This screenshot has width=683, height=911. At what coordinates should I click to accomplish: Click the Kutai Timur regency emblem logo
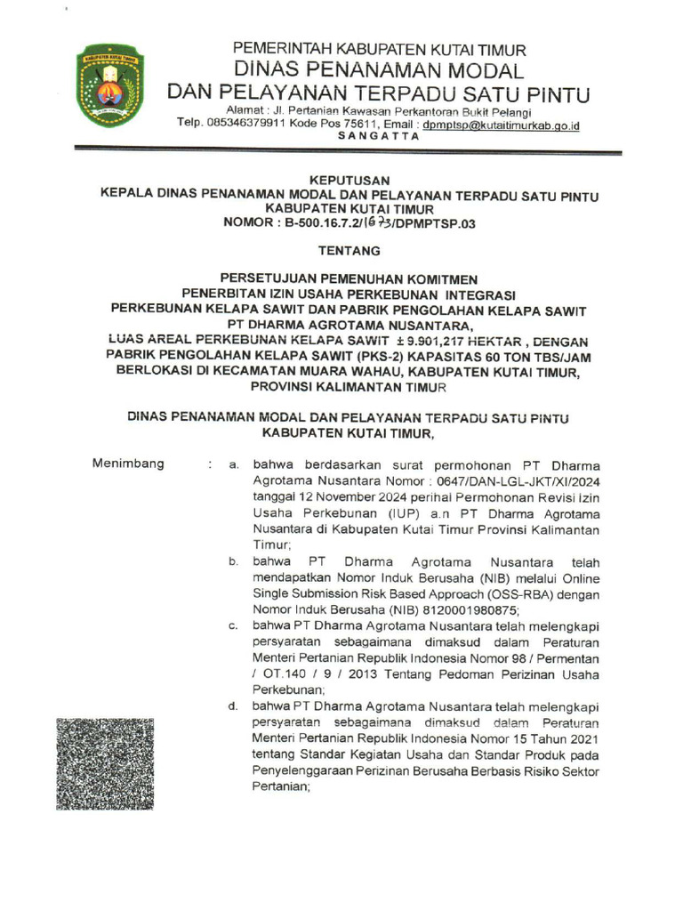[109, 86]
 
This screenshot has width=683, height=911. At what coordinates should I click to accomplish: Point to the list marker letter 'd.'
[232, 706]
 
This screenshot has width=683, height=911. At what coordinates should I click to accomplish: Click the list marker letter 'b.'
[232, 561]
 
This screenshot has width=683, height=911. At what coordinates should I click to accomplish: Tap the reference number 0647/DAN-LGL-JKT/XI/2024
[519, 481]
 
